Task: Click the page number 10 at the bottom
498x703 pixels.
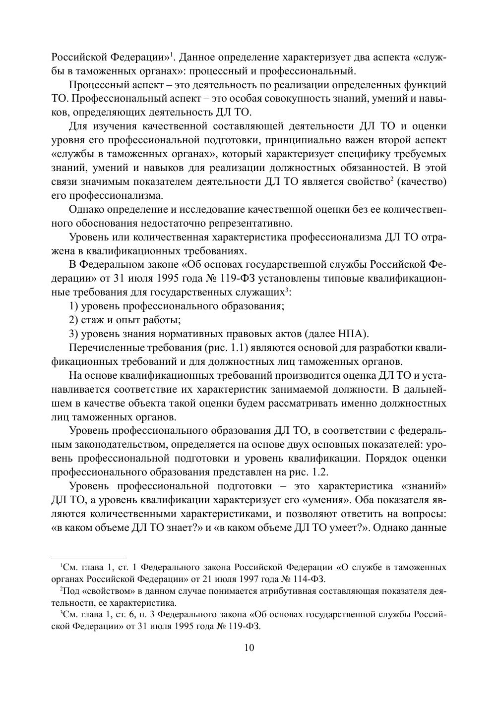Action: tap(249, 647)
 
